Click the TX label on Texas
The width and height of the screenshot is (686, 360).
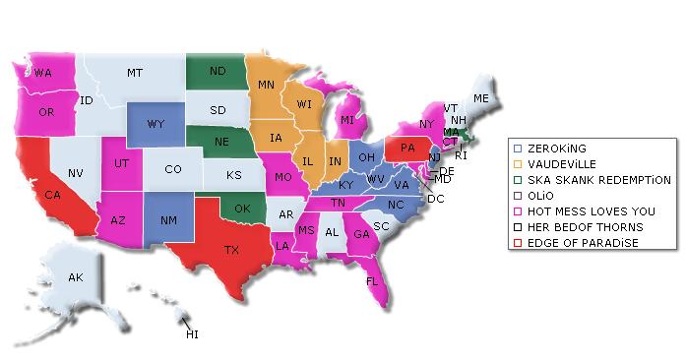(231, 250)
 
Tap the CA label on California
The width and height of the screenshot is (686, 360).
(53, 195)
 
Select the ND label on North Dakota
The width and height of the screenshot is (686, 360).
(218, 71)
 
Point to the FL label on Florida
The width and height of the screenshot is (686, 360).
(372, 280)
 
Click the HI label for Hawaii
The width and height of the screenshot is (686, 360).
(192, 334)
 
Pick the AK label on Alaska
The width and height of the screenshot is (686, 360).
(76, 278)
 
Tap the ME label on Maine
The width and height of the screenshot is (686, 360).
(480, 99)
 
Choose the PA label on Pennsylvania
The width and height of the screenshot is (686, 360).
(406, 150)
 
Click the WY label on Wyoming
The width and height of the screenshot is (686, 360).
(156, 125)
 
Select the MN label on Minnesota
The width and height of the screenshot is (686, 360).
(266, 86)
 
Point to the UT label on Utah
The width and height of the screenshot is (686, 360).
(120, 162)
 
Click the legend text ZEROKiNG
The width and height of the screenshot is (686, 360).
(556, 149)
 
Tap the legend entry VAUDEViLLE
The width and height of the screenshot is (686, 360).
(561, 164)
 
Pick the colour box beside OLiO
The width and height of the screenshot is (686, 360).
(518, 196)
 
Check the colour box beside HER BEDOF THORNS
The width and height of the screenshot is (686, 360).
(518, 227)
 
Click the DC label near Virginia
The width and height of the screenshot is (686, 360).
(435, 198)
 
